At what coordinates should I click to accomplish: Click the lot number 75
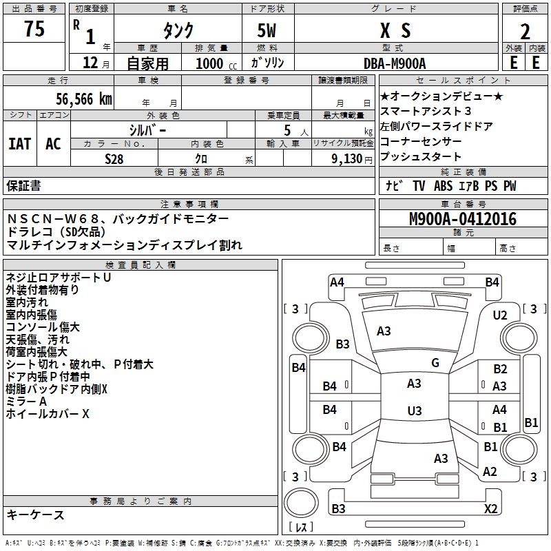pos(34,30)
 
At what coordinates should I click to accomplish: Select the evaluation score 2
pos(525,31)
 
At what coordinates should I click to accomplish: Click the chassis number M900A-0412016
pos(462,220)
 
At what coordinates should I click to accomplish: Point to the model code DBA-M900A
pos(395,63)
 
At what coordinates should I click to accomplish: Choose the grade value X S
pos(395,31)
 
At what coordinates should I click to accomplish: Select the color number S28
pos(114,158)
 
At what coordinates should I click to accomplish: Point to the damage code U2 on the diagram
pos(500,315)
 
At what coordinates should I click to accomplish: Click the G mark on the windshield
pos(435,362)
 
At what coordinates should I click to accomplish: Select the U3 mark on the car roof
pos(414,410)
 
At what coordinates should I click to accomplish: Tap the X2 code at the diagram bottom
pos(490,509)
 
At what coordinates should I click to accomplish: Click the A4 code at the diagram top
pos(337,282)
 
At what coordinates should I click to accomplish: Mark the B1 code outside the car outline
pos(531,423)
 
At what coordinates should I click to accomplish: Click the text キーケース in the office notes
pos(36,514)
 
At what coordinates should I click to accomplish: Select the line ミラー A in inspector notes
pos(26,402)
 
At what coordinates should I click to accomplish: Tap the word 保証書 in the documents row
pos(23,185)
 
